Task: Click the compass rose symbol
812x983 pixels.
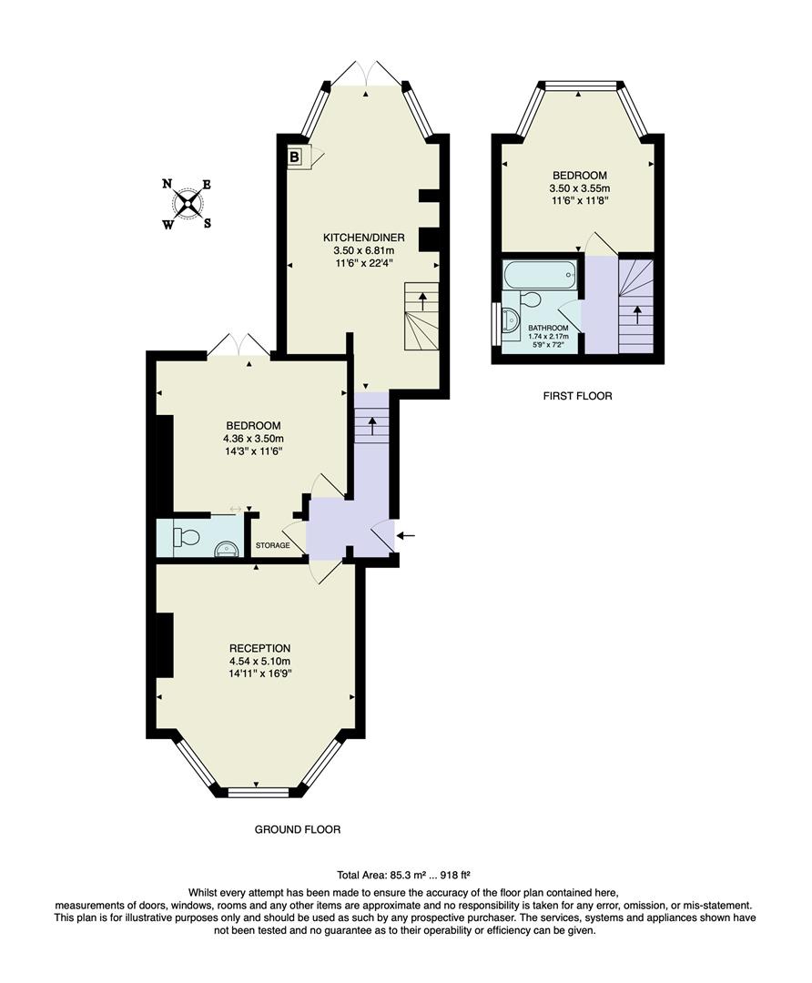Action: (x=188, y=203)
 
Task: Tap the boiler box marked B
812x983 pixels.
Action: (x=294, y=157)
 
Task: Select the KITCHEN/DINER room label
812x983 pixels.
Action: (x=363, y=237)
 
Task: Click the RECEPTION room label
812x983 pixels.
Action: (x=259, y=648)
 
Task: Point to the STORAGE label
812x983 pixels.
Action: (x=272, y=546)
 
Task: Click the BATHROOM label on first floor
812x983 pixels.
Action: (x=549, y=328)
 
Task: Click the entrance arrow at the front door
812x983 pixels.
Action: (x=407, y=535)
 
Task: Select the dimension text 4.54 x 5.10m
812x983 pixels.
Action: (x=259, y=661)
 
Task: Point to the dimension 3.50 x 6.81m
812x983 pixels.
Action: (x=363, y=250)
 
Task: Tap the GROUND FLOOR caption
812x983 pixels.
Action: (x=297, y=829)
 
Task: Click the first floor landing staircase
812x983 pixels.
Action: (x=635, y=305)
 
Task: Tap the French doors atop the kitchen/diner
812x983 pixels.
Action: (x=367, y=74)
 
